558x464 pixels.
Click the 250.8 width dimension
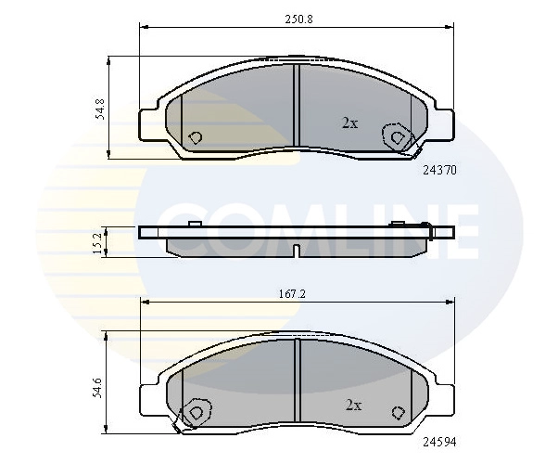point(298,19)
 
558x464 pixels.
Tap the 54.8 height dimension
point(100,109)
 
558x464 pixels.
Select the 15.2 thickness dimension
point(97,242)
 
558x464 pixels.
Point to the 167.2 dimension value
point(292,294)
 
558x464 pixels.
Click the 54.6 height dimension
point(98,387)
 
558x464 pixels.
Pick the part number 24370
point(439,171)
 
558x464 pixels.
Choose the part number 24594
point(439,443)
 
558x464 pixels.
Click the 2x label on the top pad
point(349,123)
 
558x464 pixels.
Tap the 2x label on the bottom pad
point(353,406)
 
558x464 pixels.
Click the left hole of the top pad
point(195,137)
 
